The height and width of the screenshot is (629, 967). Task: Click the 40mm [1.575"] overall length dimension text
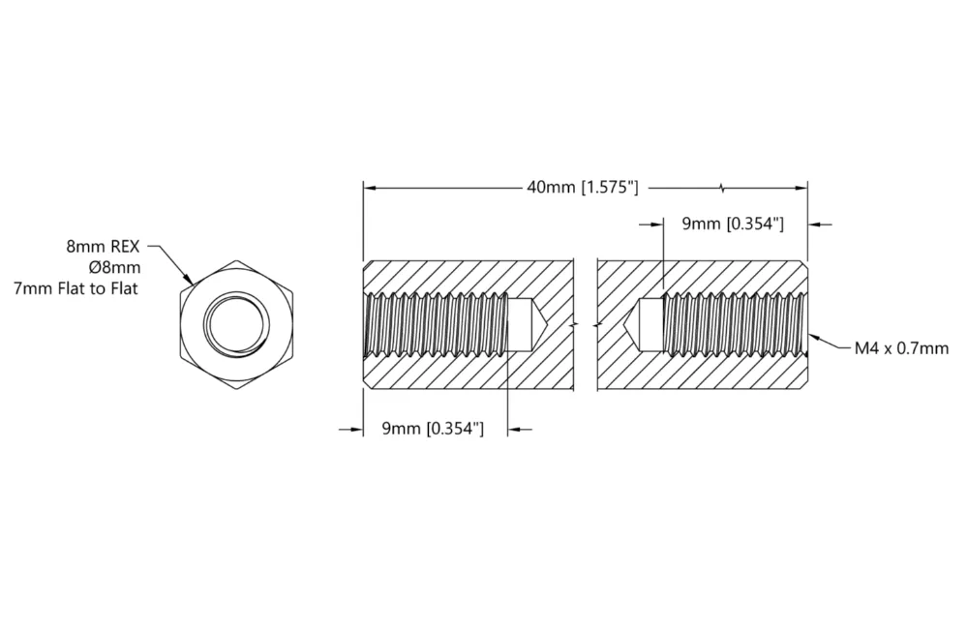point(582,187)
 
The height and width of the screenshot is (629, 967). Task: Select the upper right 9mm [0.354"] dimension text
point(733,224)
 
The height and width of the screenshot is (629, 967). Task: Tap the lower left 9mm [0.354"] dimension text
point(433,429)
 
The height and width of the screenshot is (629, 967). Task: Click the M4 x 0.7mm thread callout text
point(901,348)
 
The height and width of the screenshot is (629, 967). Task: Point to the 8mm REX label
point(103,247)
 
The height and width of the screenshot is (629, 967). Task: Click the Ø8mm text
point(115,268)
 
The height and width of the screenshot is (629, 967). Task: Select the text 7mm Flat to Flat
point(76,288)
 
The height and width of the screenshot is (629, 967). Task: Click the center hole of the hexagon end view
point(237,325)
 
